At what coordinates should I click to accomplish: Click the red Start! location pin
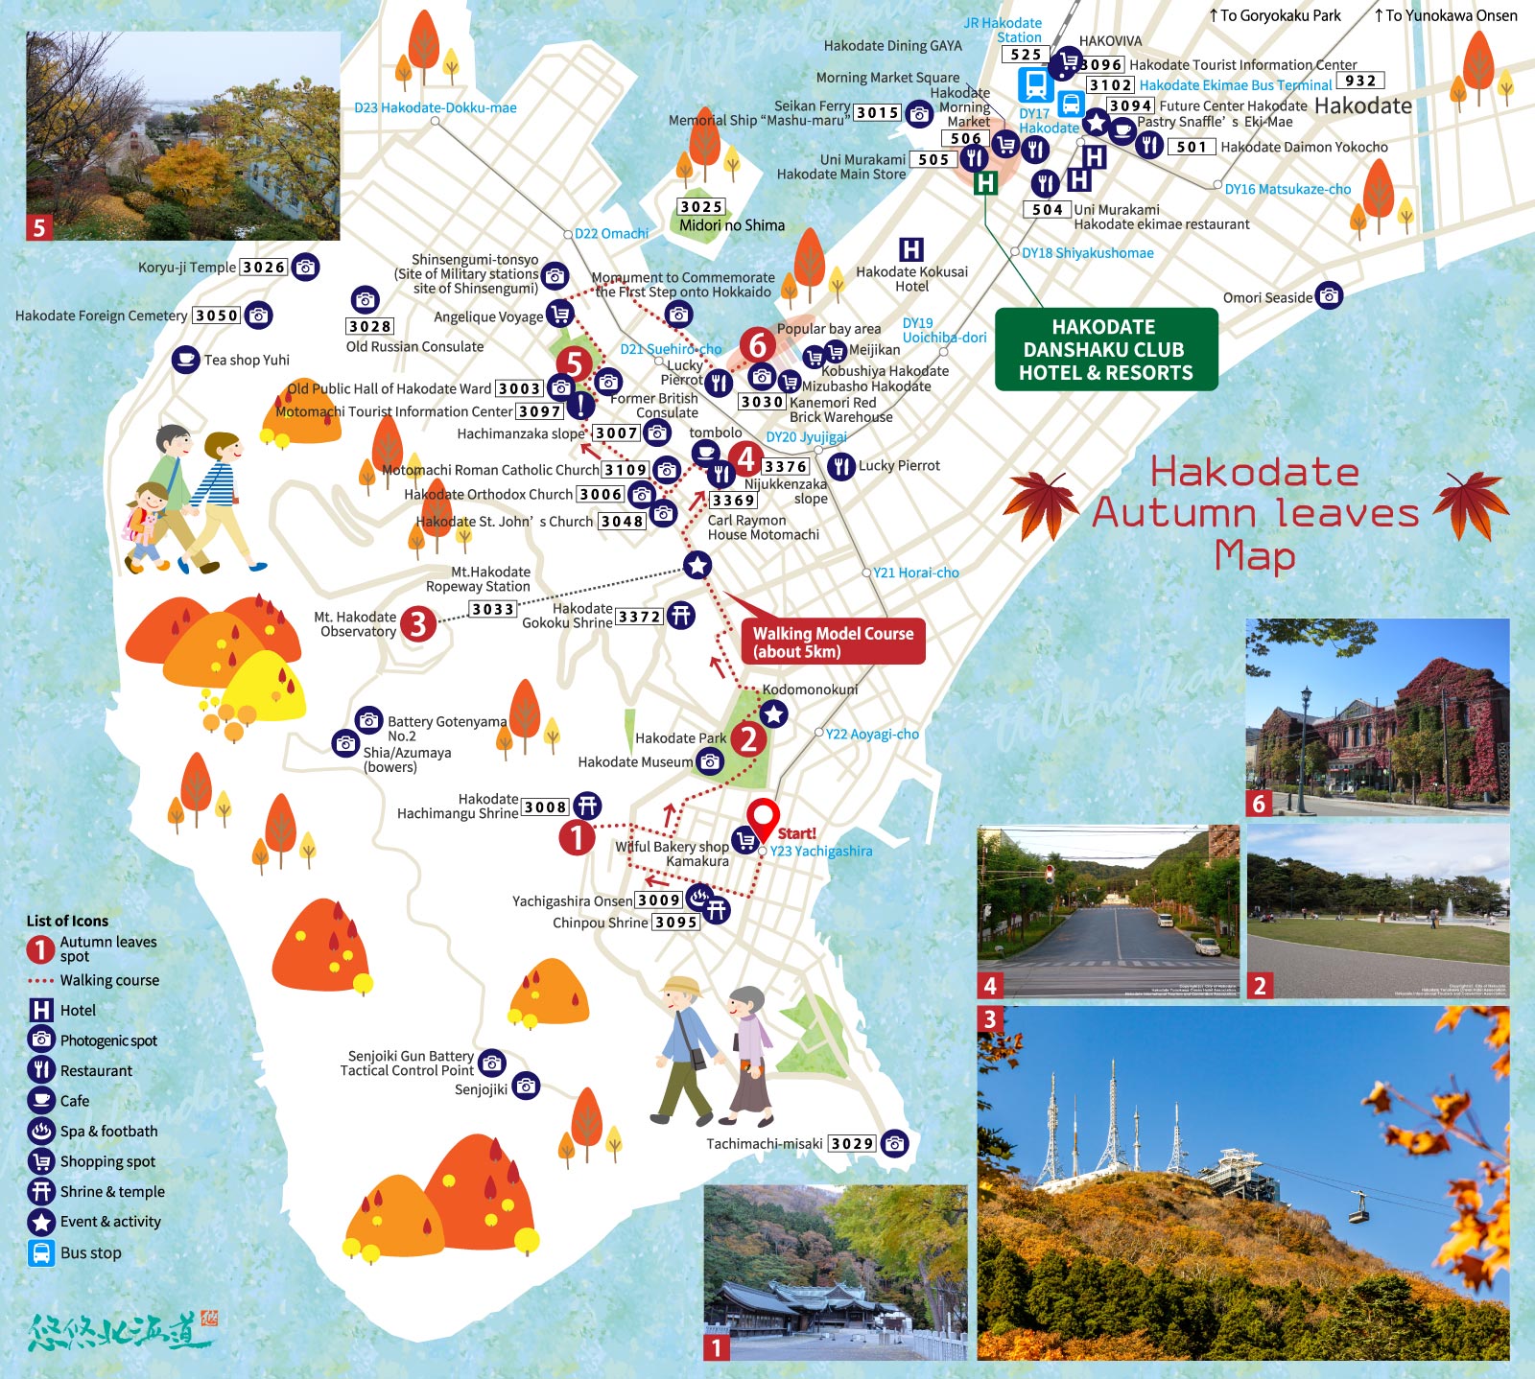pyautogui.click(x=764, y=818)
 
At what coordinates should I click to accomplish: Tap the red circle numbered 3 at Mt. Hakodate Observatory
pyautogui.click(x=417, y=624)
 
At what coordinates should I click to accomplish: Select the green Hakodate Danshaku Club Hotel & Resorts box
pyautogui.click(x=1105, y=350)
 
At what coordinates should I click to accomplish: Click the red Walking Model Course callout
pyautogui.click(x=833, y=643)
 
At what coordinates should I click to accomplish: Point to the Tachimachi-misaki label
pyautogui.click(x=765, y=1144)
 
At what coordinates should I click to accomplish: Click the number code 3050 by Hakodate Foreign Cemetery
pyautogui.click(x=217, y=316)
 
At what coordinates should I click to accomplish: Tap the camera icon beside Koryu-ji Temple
pyautogui.click(x=305, y=268)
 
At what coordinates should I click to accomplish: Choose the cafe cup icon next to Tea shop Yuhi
pyautogui.click(x=185, y=360)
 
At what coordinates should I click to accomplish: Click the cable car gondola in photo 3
pyautogui.click(x=1358, y=1212)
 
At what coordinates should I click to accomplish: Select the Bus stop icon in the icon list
pyautogui.click(x=41, y=1252)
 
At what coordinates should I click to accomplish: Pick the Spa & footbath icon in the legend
pyautogui.click(x=41, y=1131)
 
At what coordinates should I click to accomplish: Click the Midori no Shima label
pyautogui.click(x=732, y=226)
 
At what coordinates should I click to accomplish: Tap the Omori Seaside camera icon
pyautogui.click(x=1329, y=296)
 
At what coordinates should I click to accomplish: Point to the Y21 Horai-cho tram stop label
pyautogui.click(x=915, y=573)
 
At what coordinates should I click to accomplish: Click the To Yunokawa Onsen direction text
pyautogui.click(x=1446, y=15)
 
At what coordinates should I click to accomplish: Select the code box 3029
pyautogui.click(x=852, y=1144)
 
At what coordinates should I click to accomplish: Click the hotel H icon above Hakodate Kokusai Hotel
pyautogui.click(x=911, y=250)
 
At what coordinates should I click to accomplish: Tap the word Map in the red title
pyautogui.click(x=1255, y=556)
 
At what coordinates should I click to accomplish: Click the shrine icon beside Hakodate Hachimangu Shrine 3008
pyautogui.click(x=587, y=806)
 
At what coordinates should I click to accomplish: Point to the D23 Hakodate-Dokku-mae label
pyautogui.click(x=436, y=107)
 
